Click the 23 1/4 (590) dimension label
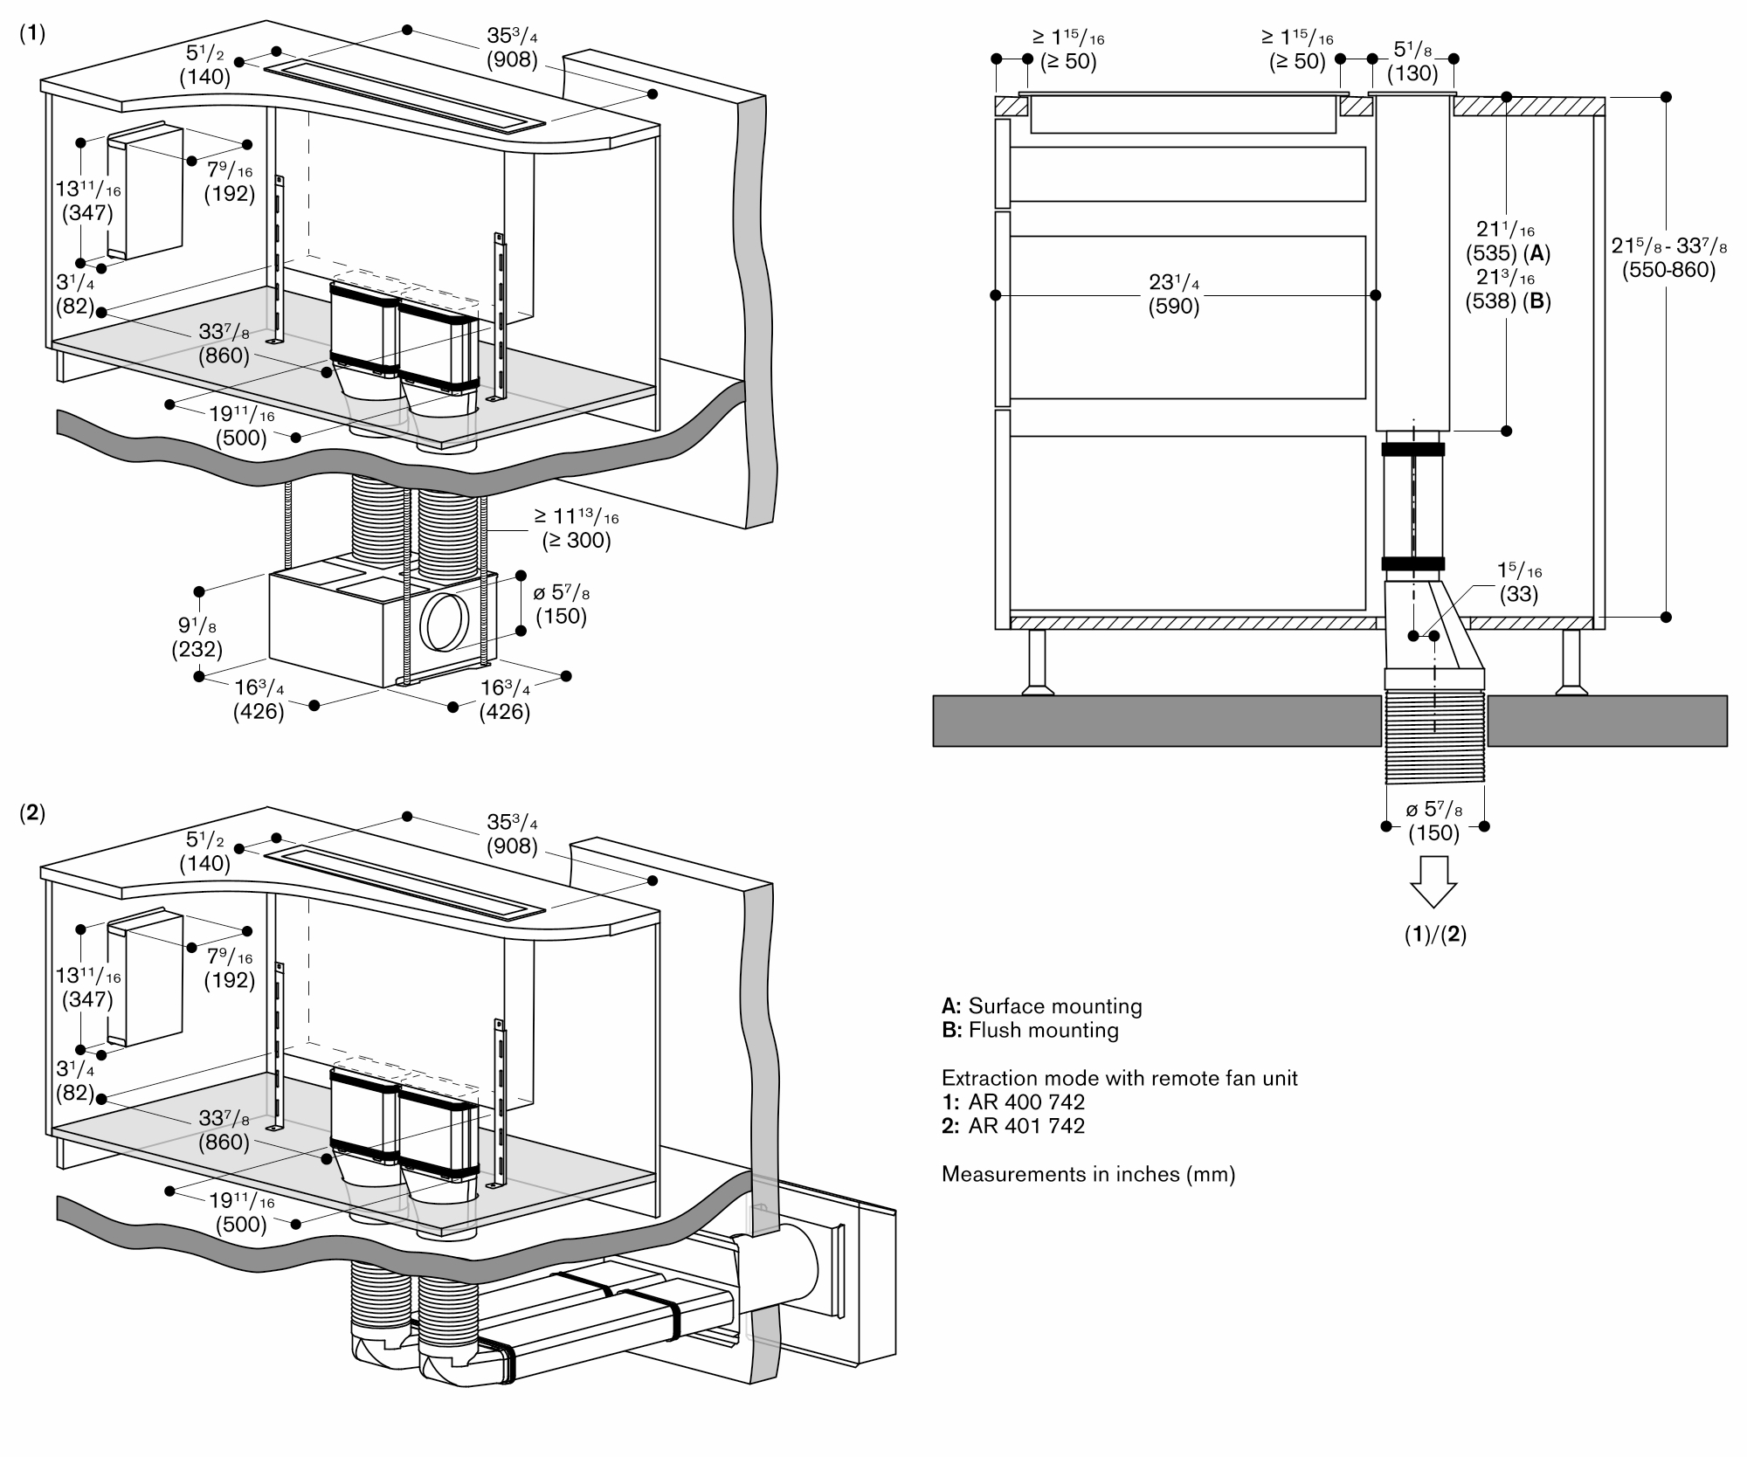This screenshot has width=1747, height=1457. tap(1173, 294)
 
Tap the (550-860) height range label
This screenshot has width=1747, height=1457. tap(1668, 270)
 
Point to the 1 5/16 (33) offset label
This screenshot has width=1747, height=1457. tap(1519, 583)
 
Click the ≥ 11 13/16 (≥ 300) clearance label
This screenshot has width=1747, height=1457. tap(577, 528)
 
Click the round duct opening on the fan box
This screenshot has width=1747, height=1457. tap(445, 622)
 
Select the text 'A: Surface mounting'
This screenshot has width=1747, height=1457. tap(1041, 1005)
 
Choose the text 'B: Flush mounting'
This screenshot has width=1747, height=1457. tap(1030, 1030)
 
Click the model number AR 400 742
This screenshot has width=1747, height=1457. tap(1026, 1101)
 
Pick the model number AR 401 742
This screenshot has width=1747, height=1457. tap(1026, 1126)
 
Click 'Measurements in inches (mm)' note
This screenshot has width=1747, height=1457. tap(1088, 1174)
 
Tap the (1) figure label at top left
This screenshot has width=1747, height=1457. tap(32, 33)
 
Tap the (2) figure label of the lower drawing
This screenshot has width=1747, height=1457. tap(32, 812)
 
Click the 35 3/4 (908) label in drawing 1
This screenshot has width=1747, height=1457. tap(512, 48)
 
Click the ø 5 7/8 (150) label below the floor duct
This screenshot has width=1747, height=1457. tap(1433, 822)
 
